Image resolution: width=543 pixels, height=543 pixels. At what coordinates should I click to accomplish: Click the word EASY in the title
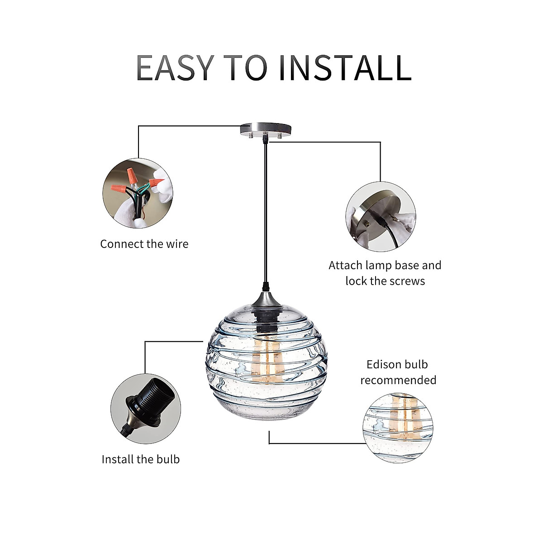coord(175,68)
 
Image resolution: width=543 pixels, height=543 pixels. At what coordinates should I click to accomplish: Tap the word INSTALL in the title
coord(346,68)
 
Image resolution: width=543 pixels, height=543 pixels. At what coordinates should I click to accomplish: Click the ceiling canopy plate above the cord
coord(266,129)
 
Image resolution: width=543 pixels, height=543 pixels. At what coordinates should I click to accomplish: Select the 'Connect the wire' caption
coord(144,244)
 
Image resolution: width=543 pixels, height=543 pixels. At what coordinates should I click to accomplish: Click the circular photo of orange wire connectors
coord(138,193)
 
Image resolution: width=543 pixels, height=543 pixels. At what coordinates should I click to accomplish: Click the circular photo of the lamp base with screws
coord(381,216)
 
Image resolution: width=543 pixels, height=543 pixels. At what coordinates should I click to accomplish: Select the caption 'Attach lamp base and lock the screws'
coord(385,273)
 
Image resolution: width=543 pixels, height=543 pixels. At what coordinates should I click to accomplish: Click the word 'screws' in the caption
coord(408,281)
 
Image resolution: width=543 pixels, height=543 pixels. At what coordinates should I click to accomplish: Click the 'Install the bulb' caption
coord(141,460)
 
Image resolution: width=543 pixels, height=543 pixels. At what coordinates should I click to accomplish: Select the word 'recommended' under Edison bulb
coord(398,380)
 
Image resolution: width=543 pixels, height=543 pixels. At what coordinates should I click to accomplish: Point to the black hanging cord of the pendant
coord(266,214)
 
